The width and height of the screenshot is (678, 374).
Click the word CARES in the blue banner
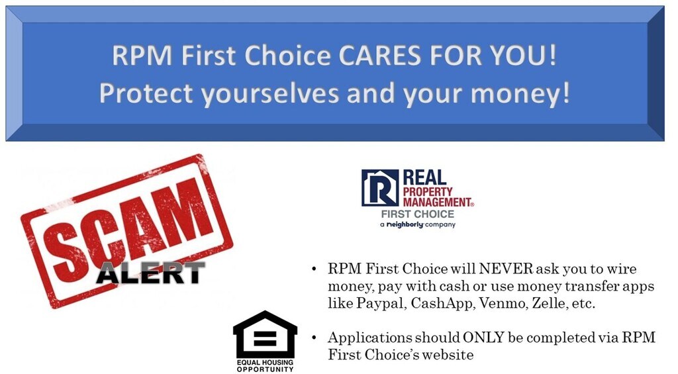coord(379,56)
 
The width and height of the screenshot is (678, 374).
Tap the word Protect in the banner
coord(146,93)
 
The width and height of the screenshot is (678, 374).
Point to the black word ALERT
coord(150,273)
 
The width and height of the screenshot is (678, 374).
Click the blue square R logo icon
coord(380,187)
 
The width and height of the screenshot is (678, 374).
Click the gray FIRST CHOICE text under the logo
coord(418,214)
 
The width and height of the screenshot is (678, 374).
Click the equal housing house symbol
coord(265,334)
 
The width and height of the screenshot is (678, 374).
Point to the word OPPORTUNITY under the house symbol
coord(265,369)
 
